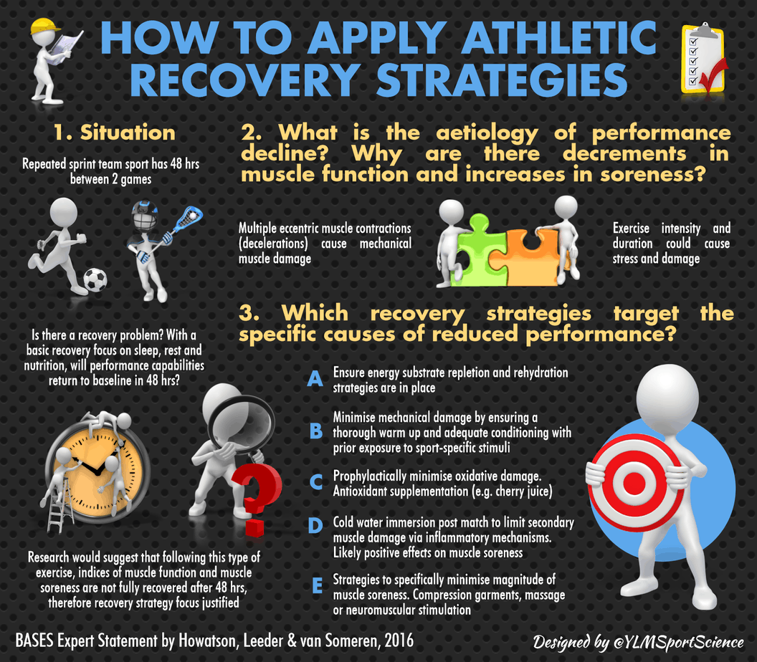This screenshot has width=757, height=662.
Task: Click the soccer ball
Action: click(x=95, y=279)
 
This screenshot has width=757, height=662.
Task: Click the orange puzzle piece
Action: click(x=531, y=251)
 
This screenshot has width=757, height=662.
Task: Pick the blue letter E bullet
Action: click(x=315, y=586)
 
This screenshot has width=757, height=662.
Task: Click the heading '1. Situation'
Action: click(x=115, y=133)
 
